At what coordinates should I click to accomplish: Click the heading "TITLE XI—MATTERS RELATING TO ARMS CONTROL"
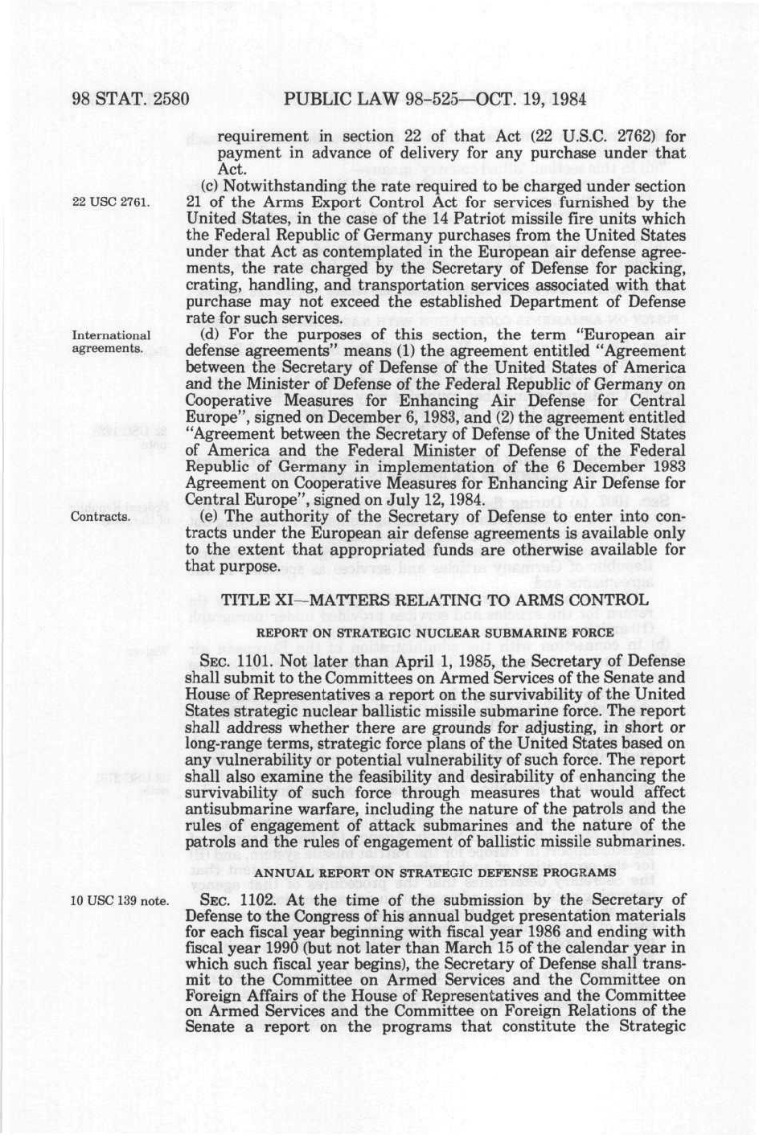(x=434, y=600)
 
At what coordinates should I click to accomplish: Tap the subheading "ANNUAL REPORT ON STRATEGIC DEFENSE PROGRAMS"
(x=434, y=872)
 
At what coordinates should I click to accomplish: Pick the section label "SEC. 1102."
(x=235, y=900)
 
